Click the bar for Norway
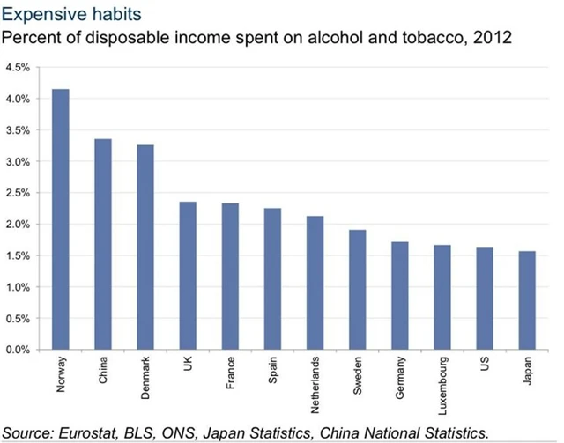pos(61,219)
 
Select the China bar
pos(103,244)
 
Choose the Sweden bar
pos(357,290)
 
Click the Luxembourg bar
pos(442,297)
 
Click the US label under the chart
pos(485,364)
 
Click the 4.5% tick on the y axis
pos(18,68)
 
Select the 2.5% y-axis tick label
pos(18,193)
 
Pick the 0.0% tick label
pos(18,350)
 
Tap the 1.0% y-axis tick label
pos(18,287)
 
